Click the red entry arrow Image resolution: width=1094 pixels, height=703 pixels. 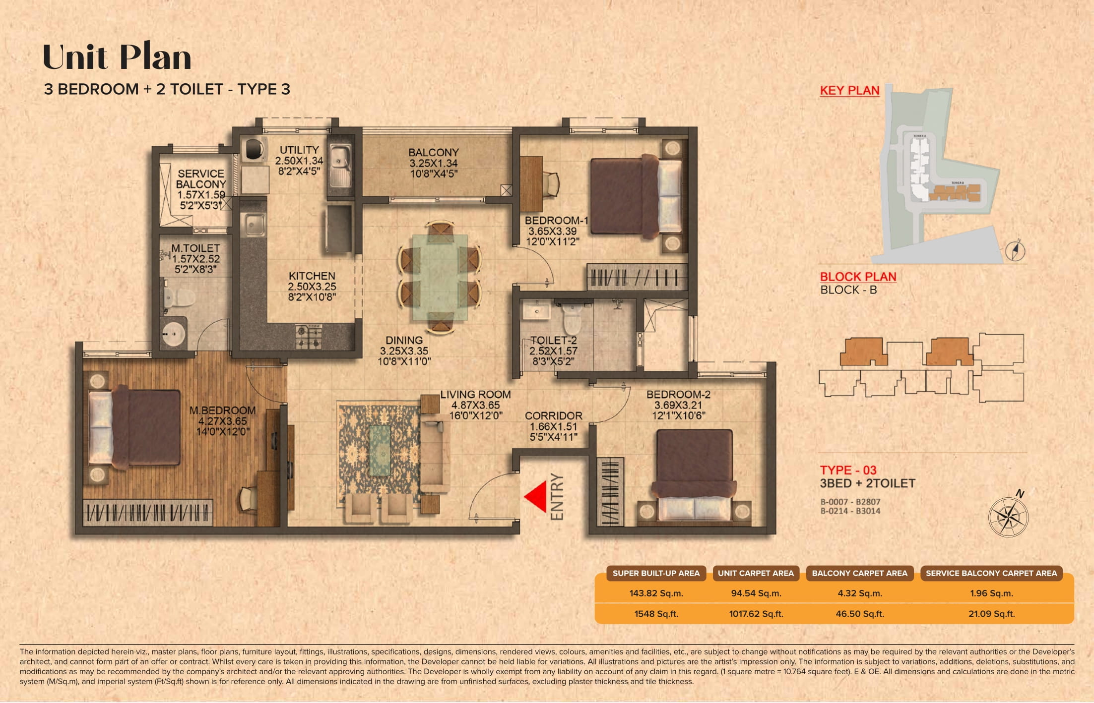pyautogui.click(x=537, y=496)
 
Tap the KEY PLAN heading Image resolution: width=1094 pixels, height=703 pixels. pyautogui.click(x=849, y=91)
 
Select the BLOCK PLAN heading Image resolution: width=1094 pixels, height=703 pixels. pyautogui.click(x=857, y=277)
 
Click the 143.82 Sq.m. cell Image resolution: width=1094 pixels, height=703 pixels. pyautogui.click(x=656, y=593)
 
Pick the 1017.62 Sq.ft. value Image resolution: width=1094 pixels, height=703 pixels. pyautogui.click(x=756, y=614)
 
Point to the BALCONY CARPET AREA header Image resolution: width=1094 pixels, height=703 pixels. pyautogui.click(x=859, y=573)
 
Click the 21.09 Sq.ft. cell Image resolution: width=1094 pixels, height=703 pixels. pyautogui.click(x=991, y=614)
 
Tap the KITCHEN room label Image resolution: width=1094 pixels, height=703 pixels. pyautogui.click(x=312, y=276)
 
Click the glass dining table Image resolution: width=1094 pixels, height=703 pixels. pyautogui.click(x=440, y=278)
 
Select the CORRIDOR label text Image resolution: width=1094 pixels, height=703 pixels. pyautogui.click(x=553, y=415)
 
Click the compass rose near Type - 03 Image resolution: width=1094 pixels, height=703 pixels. pyautogui.click(x=1008, y=517)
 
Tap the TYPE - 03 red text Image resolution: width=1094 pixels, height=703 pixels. pyautogui.click(x=848, y=470)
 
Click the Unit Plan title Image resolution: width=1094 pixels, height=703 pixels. pyautogui.click(x=117, y=58)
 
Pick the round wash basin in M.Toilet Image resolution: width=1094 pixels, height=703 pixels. pyautogui.click(x=174, y=334)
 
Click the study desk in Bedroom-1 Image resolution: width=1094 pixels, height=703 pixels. pyautogui.click(x=531, y=183)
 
